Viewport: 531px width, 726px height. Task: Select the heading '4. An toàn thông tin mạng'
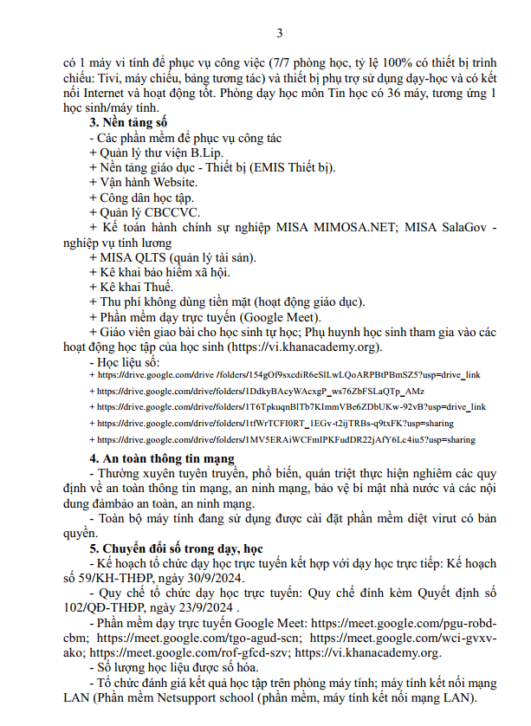click(x=163, y=458)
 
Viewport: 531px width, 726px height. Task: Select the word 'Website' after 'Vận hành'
click(x=176, y=183)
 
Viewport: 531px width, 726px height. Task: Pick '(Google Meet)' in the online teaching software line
click(x=269, y=317)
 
